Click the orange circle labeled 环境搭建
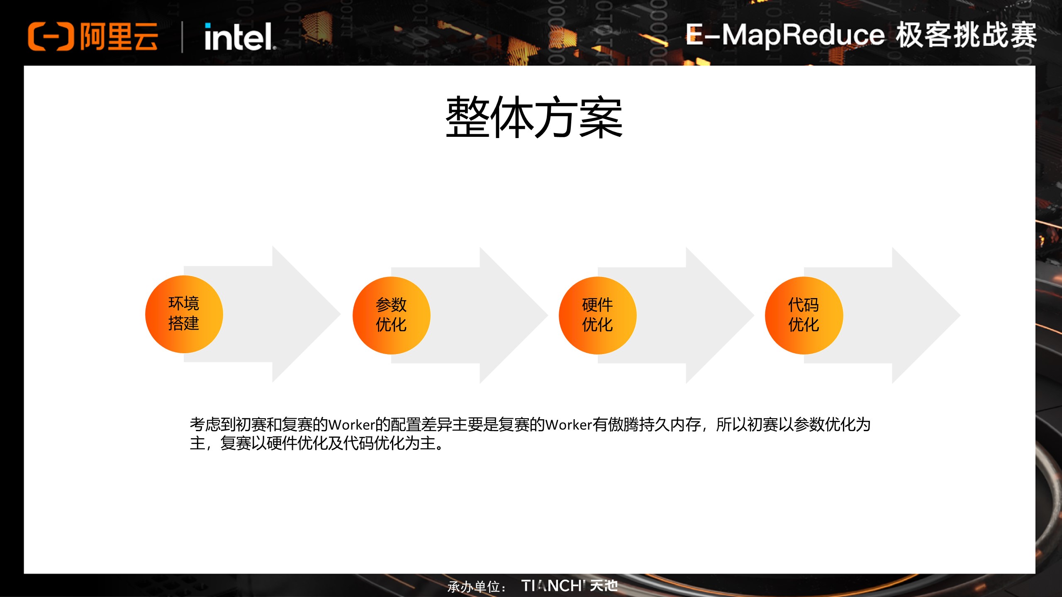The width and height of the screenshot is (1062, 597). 184,314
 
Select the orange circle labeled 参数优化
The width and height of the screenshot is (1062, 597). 391,315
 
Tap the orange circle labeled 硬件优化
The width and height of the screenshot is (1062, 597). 597,315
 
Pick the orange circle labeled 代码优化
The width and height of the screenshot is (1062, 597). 804,315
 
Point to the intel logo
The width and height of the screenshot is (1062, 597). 239,37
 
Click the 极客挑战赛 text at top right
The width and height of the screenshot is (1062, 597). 966,35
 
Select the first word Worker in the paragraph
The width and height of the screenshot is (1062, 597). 351,425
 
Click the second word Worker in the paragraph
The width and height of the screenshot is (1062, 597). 568,425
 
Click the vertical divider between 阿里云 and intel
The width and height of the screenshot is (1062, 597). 182,37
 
